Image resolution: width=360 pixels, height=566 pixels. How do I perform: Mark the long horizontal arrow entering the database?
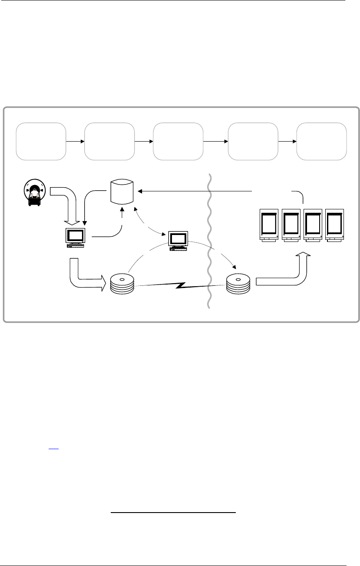point(195,190)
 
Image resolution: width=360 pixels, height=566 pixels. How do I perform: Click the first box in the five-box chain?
point(41,142)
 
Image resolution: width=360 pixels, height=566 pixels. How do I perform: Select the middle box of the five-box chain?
point(178,142)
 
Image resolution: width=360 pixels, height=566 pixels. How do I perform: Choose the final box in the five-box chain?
point(321,142)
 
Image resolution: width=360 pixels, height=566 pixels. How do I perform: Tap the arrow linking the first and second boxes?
point(75,142)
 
